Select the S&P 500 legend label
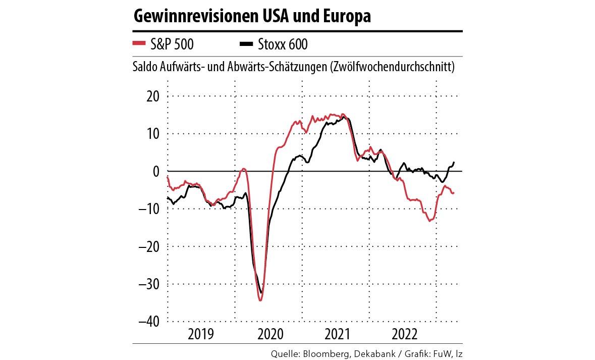point(172,44)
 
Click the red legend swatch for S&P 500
point(140,44)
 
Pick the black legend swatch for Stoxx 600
point(246,44)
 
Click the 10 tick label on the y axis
point(152,133)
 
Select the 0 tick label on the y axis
point(156,171)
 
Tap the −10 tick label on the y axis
point(149,209)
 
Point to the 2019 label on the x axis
point(201,334)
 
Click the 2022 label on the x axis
point(404,334)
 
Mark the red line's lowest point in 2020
point(260,300)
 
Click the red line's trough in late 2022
point(429,221)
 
